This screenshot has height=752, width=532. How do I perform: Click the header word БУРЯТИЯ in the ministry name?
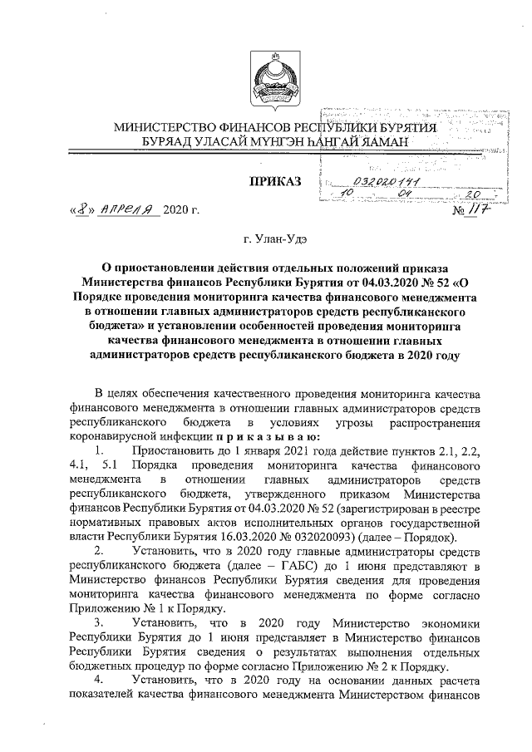point(405,127)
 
